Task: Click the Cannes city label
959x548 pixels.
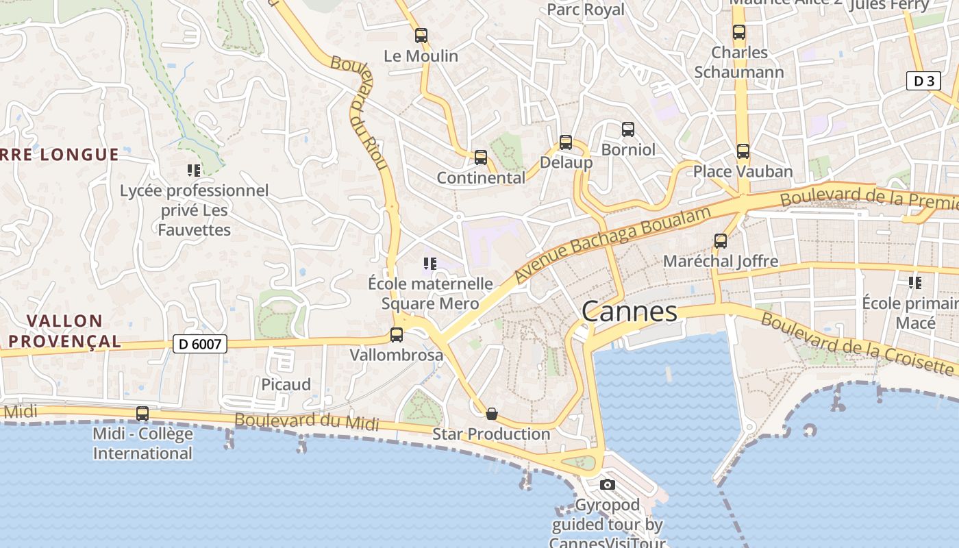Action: click(x=629, y=312)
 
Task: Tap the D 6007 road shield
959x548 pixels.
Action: click(x=200, y=343)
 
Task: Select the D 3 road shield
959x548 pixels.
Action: click(x=923, y=81)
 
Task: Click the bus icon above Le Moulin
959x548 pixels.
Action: click(x=421, y=36)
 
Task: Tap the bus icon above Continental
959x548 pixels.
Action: click(x=481, y=158)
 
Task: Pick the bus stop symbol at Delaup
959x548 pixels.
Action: click(x=566, y=142)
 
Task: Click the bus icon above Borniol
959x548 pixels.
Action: click(x=628, y=129)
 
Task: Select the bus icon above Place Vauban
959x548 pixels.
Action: click(x=743, y=151)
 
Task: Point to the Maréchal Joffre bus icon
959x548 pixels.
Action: click(x=720, y=241)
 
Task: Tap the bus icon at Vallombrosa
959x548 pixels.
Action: click(x=397, y=335)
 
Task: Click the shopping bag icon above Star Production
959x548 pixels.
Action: click(x=491, y=414)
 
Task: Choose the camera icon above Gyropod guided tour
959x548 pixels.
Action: click(x=607, y=485)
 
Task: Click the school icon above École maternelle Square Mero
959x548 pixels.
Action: click(x=430, y=264)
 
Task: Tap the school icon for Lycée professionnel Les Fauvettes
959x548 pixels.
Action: click(x=194, y=171)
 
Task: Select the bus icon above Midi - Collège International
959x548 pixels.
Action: click(x=142, y=414)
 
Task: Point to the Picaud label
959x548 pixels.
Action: click(x=286, y=384)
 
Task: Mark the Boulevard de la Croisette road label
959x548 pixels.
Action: click(x=856, y=343)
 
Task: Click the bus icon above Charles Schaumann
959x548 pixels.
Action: click(x=739, y=32)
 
